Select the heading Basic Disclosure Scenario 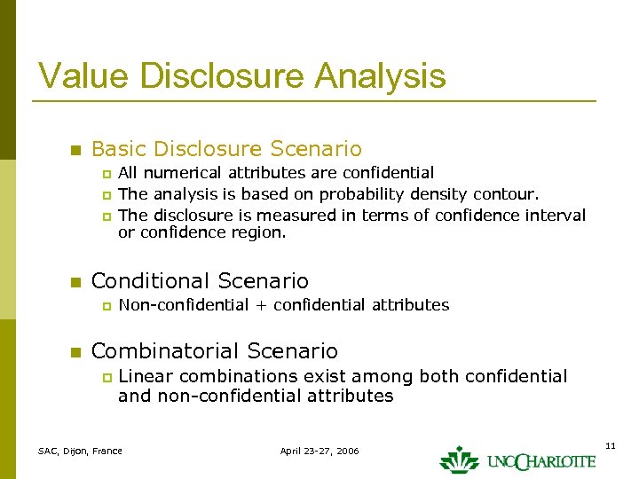pyautogui.click(x=226, y=149)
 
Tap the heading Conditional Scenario pyautogui.click(x=200, y=282)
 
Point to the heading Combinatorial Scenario pyautogui.click(x=214, y=351)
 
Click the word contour pyautogui.click(x=505, y=194)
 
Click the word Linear pyautogui.click(x=145, y=377)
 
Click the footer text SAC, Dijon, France pyautogui.click(x=80, y=452)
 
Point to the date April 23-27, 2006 pyautogui.click(x=319, y=452)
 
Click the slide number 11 pyautogui.click(x=610, y=444)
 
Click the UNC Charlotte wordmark pyautogui.click(x=540, y=461)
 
